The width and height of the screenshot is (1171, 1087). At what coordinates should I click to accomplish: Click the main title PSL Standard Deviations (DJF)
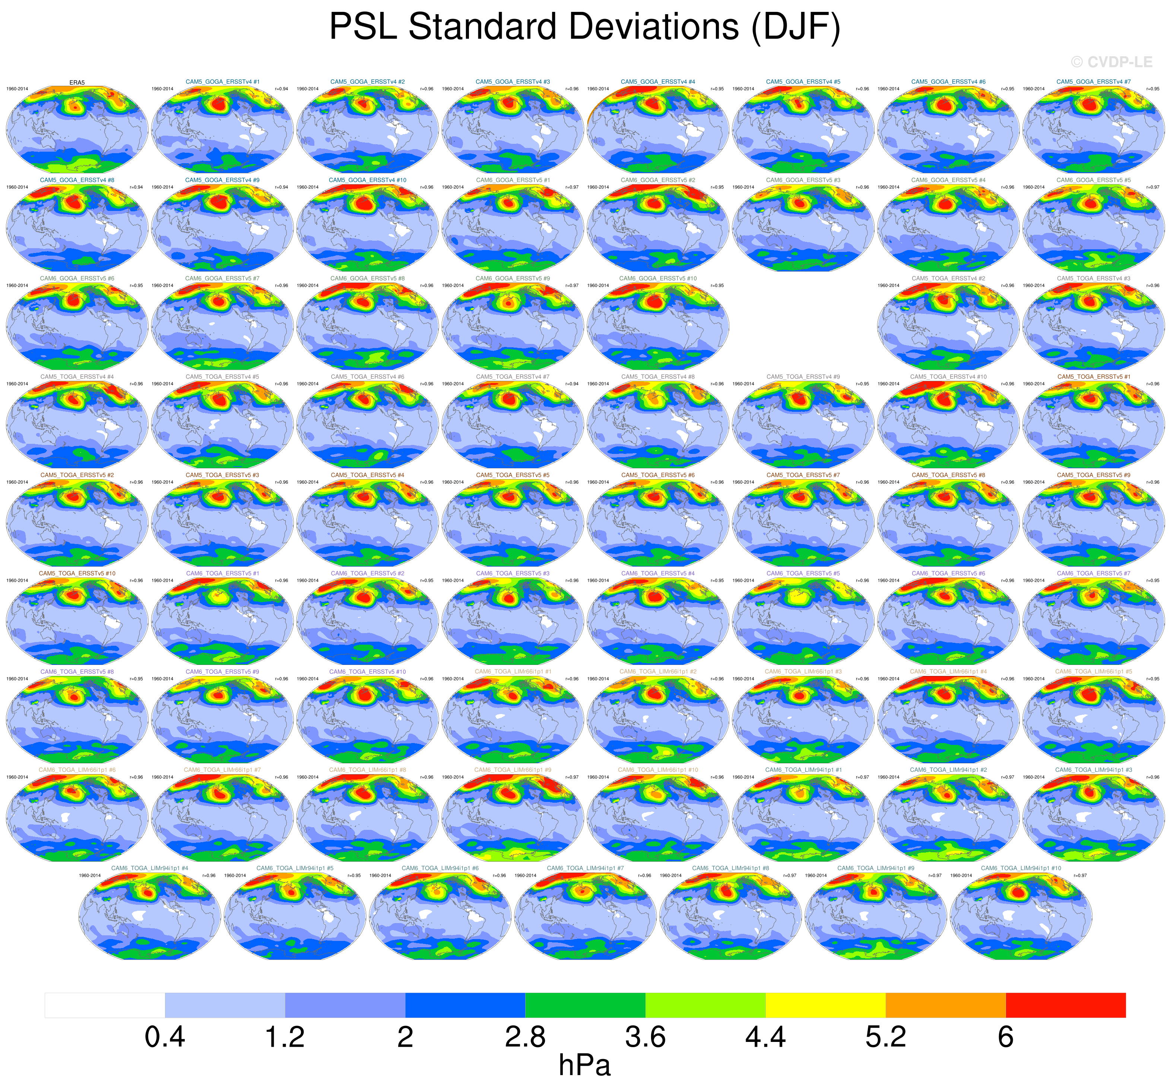click(585, 27)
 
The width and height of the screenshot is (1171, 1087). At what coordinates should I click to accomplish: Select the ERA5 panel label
click(77, 82)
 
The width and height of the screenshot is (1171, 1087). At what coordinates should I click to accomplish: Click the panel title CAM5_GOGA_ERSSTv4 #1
click(222, 82)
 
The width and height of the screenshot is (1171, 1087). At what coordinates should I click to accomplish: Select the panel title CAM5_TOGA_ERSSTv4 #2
click(948, 278)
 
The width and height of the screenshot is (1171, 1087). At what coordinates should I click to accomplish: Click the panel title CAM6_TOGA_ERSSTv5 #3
click(512, 573)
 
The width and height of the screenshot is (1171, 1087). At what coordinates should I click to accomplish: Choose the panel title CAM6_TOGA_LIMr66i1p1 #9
click(512, 770)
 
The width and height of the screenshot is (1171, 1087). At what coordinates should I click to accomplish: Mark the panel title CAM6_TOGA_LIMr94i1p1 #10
click(1021, 868)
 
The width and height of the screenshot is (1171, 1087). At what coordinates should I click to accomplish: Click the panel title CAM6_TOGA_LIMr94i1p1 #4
click(150, 868)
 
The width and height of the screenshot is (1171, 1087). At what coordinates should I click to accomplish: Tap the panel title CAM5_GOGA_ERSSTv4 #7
click(1094, 82)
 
